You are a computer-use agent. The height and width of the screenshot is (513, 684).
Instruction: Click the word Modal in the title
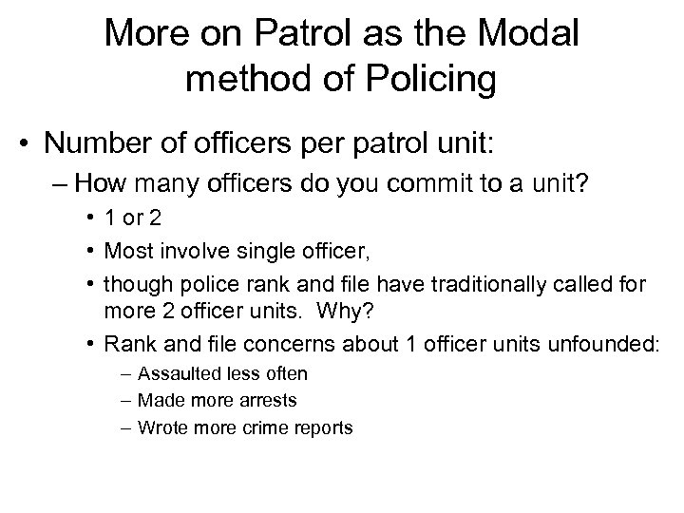tap(527, 34)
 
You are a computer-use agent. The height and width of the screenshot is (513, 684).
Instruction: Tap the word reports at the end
tap(319, 427)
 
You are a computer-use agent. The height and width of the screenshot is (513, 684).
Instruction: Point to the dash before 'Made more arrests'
tap(126, 401)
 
